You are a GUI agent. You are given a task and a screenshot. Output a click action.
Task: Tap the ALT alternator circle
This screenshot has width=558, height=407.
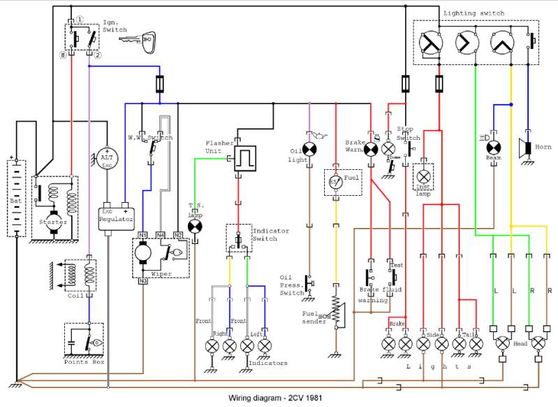point(107,158)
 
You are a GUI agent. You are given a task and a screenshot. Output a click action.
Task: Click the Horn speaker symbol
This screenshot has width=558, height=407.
point(525,148)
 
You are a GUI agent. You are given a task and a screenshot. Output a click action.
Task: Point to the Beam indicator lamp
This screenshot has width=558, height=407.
point(494,148)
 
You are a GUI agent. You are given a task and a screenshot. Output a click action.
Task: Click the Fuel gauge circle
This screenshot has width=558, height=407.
point(336,183)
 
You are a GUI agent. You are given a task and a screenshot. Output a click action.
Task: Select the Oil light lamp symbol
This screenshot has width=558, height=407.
point(309,149)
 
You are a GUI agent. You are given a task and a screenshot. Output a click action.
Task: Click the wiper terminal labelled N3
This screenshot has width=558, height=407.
point(142,281)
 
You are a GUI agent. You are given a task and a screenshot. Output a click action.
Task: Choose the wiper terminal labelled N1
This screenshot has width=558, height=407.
point(142,234)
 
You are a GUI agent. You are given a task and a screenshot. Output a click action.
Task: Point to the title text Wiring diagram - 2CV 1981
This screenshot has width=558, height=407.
point(276,399)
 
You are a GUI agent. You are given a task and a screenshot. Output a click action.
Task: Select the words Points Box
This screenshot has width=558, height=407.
point(82,361)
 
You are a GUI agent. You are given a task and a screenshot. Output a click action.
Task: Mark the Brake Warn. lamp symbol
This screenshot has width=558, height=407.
point(370,149)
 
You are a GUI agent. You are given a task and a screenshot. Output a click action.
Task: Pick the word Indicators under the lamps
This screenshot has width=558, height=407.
point(267,363)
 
